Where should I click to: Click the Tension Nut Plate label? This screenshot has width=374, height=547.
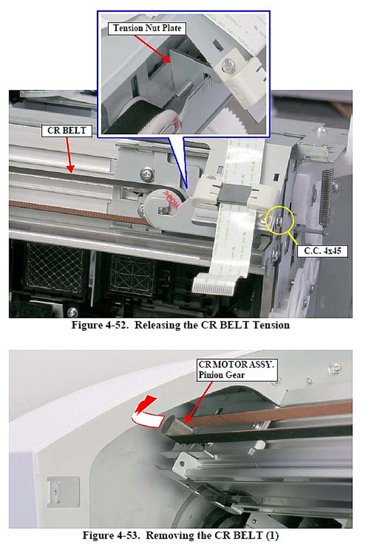point(147,28)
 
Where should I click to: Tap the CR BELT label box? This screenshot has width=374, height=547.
point(67,130)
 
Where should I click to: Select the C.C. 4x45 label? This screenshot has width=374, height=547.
point(323,251)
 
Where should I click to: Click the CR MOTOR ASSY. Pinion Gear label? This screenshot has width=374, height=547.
point(237,370)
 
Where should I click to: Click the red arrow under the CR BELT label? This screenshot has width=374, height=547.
point(69,155)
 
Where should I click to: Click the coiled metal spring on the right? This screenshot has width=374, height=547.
point(328,197)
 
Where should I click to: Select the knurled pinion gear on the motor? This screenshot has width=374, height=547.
point(176,426)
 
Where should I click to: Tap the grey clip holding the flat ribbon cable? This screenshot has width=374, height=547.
point(233,192)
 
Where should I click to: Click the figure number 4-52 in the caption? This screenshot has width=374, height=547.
point(117,325)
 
